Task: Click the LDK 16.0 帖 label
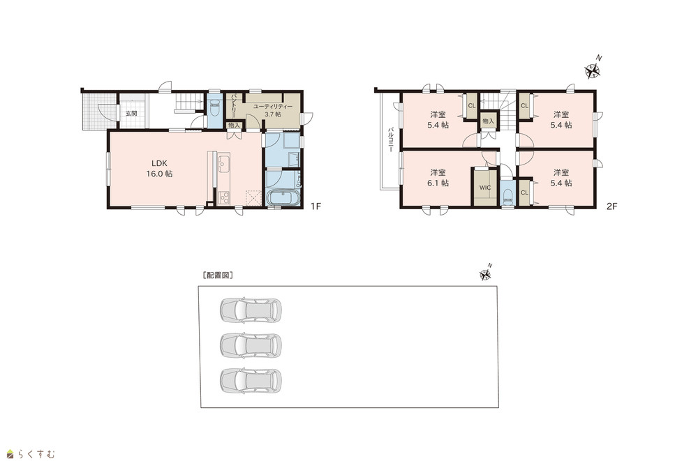pyautogui.click(x=159, y=169)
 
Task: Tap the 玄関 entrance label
pyautogui.click(x=131, y=114)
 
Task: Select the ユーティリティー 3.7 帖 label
pyautogui.click(x=272, y=110)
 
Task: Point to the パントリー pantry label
pyautogui.click(x=233, y=105)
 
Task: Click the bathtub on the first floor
pyautogui.click(x=283, y=197)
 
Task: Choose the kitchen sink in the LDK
pyautogui.click(x=224, y=163)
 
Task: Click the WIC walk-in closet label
pyautogui.click(x=485, y=188)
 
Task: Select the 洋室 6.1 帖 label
pyautogui.click(x=438, y=178)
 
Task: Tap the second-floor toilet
pyautogui.click(x=507, y=196)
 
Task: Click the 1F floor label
pyautogui.click(x=315, y=206)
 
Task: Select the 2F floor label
pyautogui.click(x=611, y=206)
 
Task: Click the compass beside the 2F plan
pyautogui.click(x=593, y=70)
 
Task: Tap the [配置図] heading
pyautogui.click(x=218, y=275)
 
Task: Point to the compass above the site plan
pyautogui.click(x=486, y=273)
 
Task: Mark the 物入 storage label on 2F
pyautogui.click(x=489, y=121)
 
